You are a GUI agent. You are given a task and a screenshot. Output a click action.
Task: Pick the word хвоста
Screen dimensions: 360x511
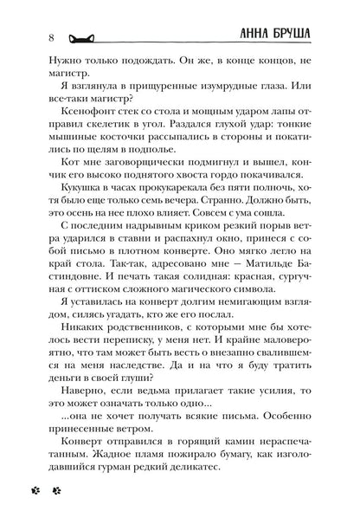(197, 182)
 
